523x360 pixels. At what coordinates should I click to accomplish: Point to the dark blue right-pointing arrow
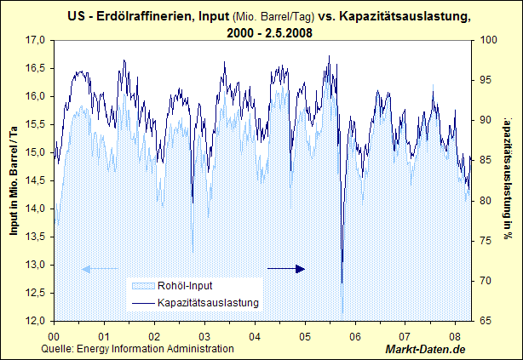[286, 269]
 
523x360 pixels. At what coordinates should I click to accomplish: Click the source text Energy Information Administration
[155, 349]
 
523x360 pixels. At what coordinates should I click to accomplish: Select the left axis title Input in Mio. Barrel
[14, 179]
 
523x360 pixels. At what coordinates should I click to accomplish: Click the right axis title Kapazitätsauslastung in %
[508, 179]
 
